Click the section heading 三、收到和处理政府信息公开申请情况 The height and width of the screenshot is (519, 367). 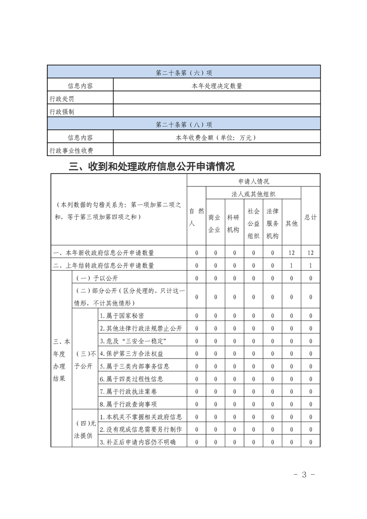[152, 166]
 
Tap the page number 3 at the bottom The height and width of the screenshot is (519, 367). [304, 475]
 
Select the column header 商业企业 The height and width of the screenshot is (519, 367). [214, 223]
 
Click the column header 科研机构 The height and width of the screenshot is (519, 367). [233, 223]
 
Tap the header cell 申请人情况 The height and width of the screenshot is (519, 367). [254, 181]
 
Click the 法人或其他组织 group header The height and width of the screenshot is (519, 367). [254, 194]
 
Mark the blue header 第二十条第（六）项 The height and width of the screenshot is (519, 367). [184, 73]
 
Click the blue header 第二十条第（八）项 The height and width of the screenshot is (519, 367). [184, 124]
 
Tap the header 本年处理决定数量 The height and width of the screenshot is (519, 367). [217, 86]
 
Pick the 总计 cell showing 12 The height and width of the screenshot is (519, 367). [311, 253]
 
